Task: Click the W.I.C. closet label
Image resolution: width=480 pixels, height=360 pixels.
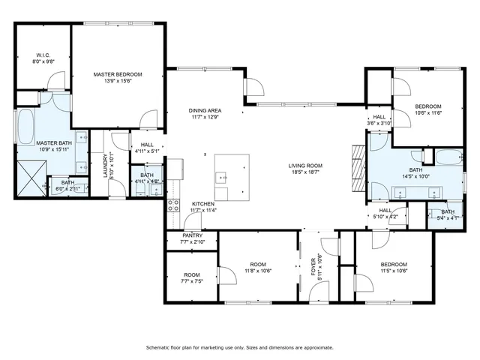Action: point(40,55)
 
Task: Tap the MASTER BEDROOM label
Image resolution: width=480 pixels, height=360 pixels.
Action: point(118,74)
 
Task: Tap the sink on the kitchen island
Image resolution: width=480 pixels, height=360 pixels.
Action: point(222,178)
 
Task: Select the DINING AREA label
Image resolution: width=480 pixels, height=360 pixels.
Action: point(205,110)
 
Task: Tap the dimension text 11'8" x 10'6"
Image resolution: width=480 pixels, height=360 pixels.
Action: point(259,271)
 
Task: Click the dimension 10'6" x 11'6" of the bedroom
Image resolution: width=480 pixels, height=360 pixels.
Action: point(428,112)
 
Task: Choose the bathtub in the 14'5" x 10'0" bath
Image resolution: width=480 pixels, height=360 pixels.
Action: point(447,157)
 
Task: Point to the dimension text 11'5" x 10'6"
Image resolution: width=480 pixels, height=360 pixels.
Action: point(393,271)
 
